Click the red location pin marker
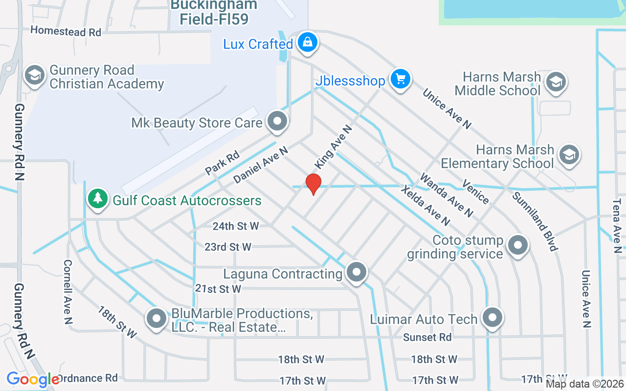pos(313,184)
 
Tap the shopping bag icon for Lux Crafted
pos(307,43)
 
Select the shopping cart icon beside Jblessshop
pos(401,79)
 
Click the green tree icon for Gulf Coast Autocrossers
pos(98,199)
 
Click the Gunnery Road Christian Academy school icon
pos(35,76)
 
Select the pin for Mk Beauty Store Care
pos(277,121)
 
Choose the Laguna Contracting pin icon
pos(356,272)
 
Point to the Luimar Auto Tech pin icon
pos(492,318)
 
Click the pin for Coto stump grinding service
pos(517,245)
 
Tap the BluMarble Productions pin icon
pos(157,319)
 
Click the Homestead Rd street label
pos(66,31)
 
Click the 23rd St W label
pos(228,247)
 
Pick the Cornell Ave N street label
pos(67,291)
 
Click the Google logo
pos(33,379)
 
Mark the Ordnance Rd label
pos(88,378)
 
